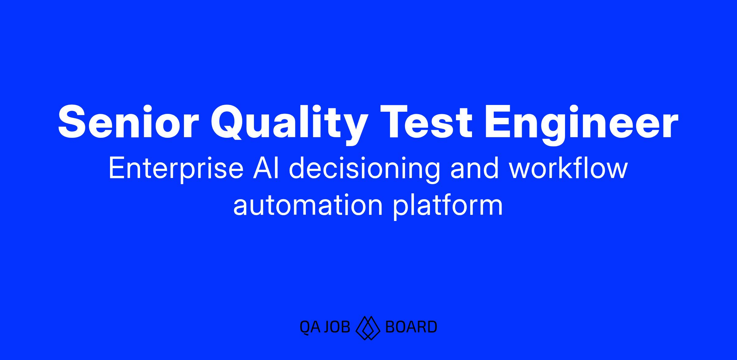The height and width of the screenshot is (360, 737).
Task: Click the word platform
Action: (448, 206)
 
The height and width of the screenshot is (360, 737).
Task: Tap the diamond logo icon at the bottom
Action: (368, 328)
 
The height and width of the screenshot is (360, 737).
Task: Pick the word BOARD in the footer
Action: (411, 327)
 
